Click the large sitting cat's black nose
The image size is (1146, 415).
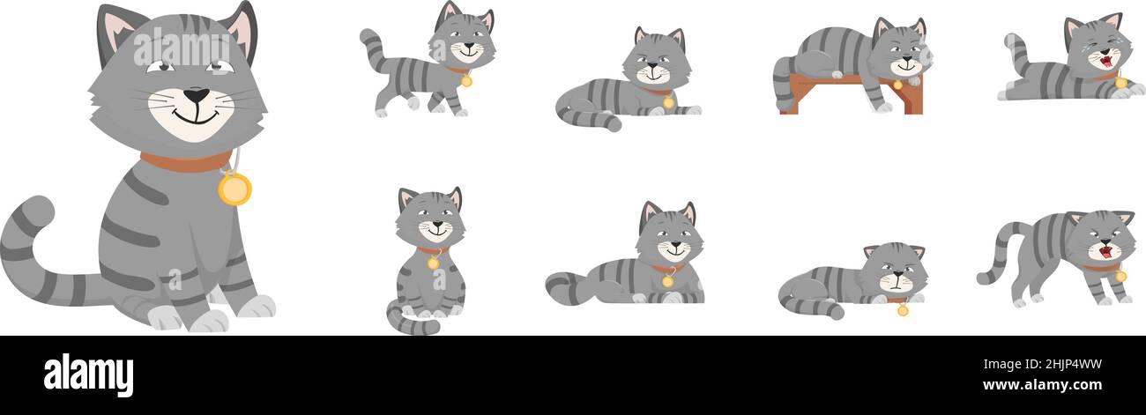click(196, 94)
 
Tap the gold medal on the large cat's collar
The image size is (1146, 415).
click(234, 189)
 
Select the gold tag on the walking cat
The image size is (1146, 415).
click(465, 81)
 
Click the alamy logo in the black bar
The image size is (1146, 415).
click(88, 375)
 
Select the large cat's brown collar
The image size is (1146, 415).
click(185, 162)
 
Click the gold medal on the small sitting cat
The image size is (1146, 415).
click(433, 263)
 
